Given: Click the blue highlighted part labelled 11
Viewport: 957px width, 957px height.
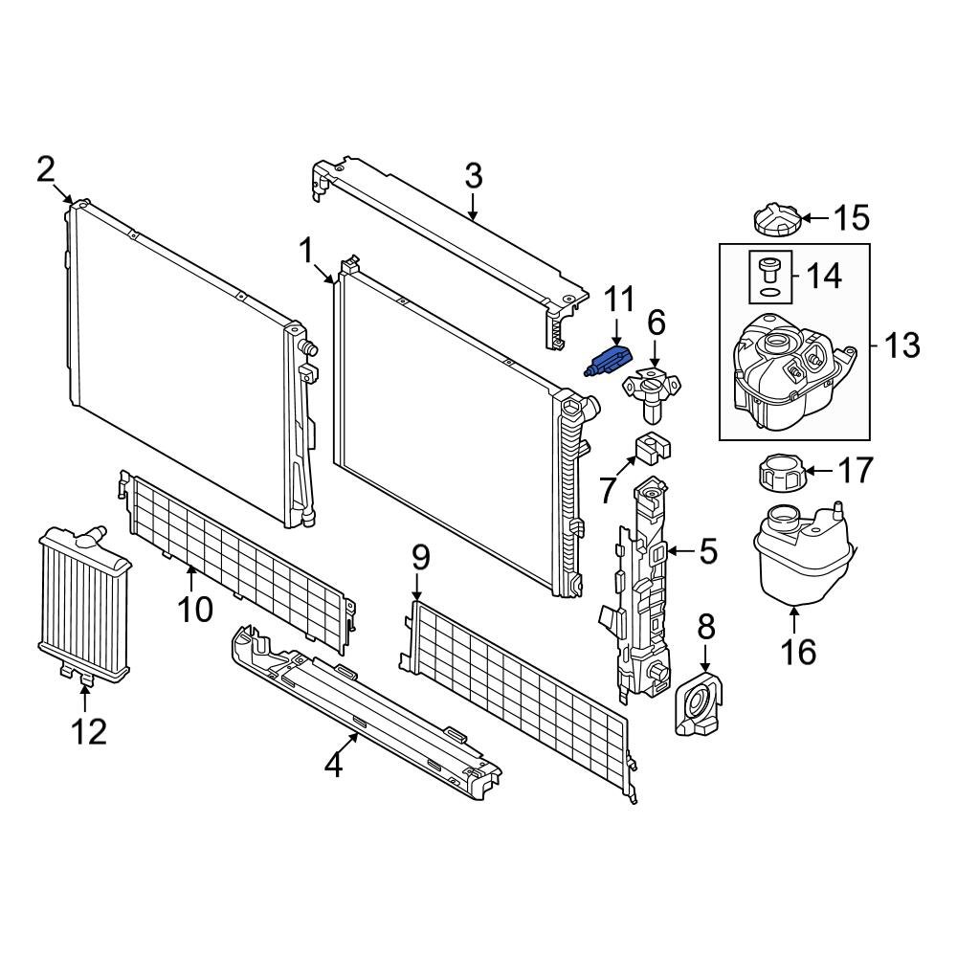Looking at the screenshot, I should (608, 363).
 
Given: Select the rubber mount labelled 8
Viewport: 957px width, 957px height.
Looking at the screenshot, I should (698, 708).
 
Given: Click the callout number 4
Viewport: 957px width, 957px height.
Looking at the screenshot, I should (333, 765).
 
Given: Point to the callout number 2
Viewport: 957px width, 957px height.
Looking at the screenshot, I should (46, 170).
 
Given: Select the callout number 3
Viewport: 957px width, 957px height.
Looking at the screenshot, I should (473, 177).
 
